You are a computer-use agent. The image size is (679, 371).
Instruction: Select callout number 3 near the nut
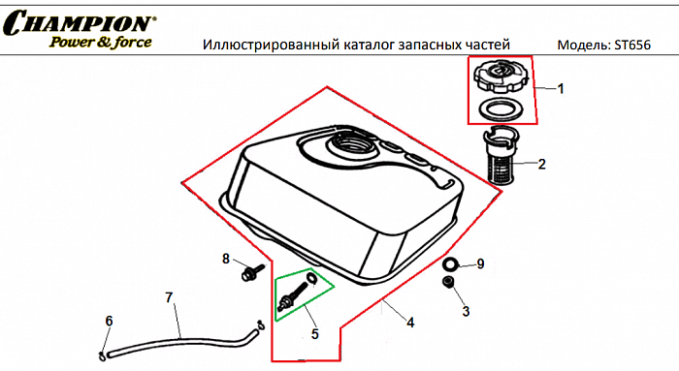click(x=466, y=311)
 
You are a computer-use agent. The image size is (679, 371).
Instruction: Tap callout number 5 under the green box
click(x=314, y=334)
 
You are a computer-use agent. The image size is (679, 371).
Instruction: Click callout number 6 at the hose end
click(x=109, y=321)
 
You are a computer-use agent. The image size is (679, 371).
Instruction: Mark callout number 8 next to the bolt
click(x=226, y=259)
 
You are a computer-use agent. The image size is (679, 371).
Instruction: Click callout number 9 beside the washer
click(x=479, y=263)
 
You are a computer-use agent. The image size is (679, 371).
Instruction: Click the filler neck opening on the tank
click(x=352, y=148)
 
